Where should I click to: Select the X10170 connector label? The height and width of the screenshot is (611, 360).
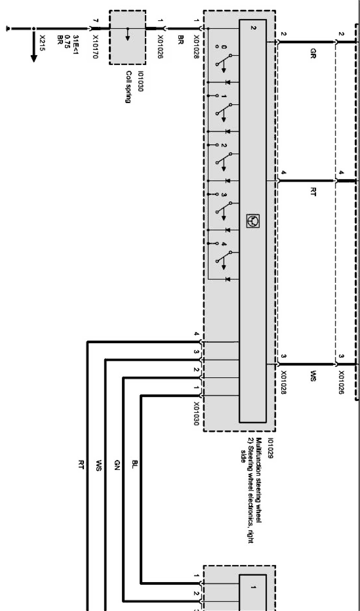pos(96,47)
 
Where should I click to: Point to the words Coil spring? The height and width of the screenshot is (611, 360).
pos(128,87)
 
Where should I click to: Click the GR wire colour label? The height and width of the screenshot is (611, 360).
pos(313,53)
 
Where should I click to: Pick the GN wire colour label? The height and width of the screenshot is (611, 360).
pos(117,464)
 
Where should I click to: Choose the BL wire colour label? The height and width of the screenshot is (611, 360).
pos(135,464)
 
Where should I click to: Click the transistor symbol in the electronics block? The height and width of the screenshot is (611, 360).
pos(253,221)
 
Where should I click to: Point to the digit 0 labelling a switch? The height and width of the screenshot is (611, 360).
pos(224,47)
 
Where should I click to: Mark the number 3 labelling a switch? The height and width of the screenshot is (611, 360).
pos(224,195)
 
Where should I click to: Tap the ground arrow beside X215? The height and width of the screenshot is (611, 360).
pos(34,56)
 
